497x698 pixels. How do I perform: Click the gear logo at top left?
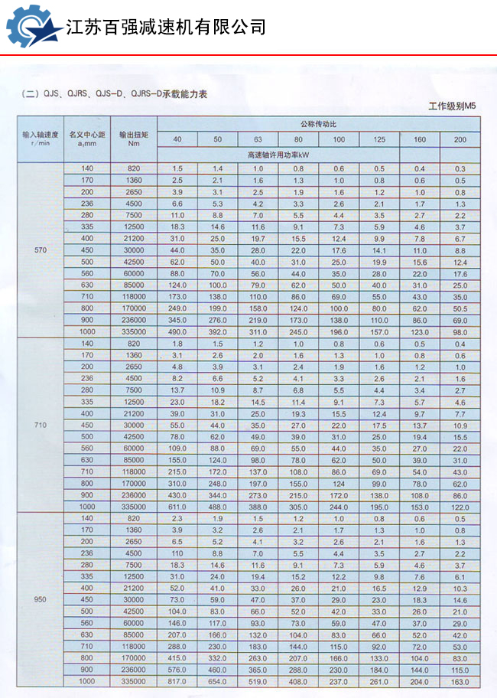[32, 27]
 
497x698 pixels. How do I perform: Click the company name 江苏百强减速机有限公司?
[166, 28]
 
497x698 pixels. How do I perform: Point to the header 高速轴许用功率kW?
[279, 154]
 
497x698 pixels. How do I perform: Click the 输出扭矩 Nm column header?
[134, 138]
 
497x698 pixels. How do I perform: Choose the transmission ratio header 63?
[258, 139]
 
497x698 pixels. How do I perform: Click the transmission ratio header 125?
[379, 139]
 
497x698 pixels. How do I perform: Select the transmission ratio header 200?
[460, 139]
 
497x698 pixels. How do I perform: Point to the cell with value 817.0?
[177, 681]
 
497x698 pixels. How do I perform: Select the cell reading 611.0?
[177, 507]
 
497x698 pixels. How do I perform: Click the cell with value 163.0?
[460, 681]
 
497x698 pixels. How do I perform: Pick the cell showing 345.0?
[177, 320]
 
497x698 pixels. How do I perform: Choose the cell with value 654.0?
[218, 681]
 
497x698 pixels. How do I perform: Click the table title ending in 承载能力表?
[115, 94]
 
